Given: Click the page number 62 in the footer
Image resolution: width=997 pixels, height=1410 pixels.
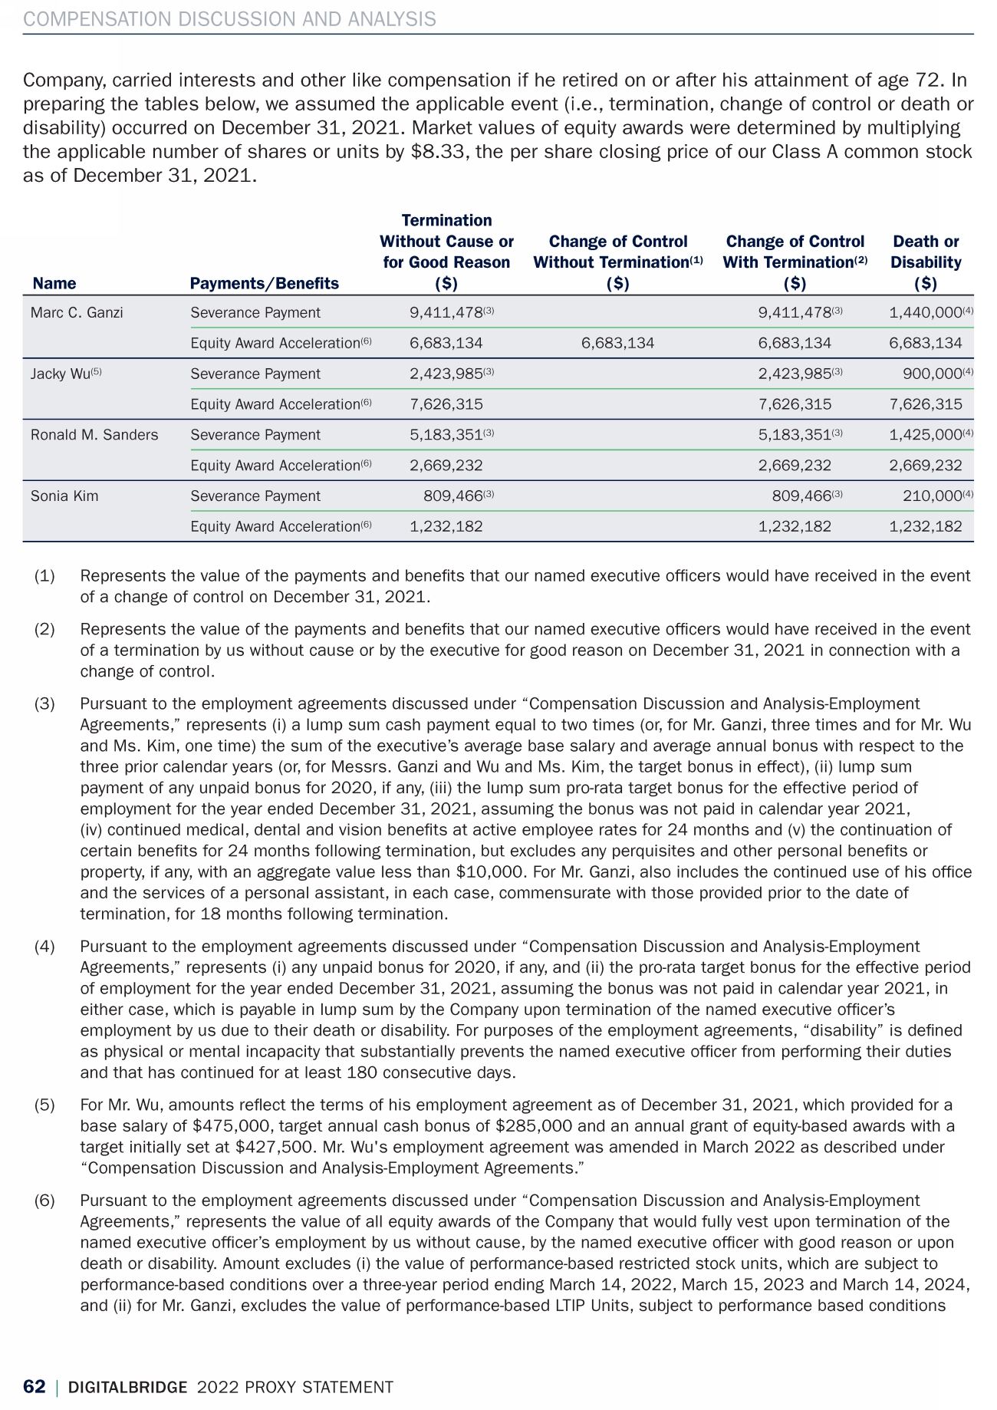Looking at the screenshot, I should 34,1386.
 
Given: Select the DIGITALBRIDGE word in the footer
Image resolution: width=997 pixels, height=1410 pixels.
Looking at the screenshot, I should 127,1386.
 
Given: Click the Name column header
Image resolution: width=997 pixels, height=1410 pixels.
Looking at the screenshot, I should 54,283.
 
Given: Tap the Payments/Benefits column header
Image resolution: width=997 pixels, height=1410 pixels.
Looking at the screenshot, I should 264,283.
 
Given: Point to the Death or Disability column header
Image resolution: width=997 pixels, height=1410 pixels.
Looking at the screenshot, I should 926,262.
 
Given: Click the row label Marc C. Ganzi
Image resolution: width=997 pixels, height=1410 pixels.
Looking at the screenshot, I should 77,312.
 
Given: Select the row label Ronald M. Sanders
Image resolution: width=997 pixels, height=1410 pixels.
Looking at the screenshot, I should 94,435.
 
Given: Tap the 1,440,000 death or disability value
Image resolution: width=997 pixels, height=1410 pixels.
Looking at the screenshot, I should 926,312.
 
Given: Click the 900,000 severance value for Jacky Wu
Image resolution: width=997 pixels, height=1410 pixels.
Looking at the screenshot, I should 933,374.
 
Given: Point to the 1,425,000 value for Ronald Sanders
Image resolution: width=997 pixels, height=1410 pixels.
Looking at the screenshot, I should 926,435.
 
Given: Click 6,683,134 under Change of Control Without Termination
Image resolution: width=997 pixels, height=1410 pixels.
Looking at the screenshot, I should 618,343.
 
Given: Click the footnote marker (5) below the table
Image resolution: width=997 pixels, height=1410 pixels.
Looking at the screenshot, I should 44,1105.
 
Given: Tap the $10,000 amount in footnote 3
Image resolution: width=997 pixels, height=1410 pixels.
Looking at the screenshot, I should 484,871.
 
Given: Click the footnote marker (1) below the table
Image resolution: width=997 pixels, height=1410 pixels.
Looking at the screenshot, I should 44,575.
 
